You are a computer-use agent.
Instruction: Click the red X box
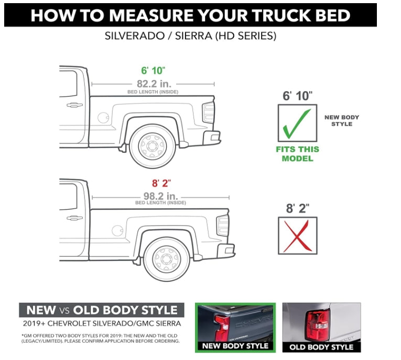pyautogui.click(x=297, y=236)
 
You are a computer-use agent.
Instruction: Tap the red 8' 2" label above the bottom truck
pyautogui.click(x=160, y=184)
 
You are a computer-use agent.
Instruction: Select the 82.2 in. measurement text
pyautogui.click(x=153, y=83)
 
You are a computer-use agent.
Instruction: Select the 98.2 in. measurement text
pyautogui.click(x=160, y=196)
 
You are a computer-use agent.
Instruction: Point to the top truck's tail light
pyautogui.click(x=209, y=112)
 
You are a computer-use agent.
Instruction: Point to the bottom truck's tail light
pyautogui.click(x=223, y=225)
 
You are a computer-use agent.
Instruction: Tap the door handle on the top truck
pyautogui.click(x=74, y=105)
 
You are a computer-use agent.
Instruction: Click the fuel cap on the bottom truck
pyautogui.click(x=117, y=230)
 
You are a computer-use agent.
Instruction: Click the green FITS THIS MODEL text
pyautogui.click(x=297, y=154)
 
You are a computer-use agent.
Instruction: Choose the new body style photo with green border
pyautogui.click(x=235, y=327)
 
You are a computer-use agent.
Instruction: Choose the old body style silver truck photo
pyautogui.click(x=321, y=327)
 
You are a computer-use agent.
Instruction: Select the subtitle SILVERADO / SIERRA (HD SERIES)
pyautogui.click(x=191, y=37)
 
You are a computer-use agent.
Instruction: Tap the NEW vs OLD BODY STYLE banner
pyautogui.click(x=102, y=310)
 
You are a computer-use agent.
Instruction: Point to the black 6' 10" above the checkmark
pyautogui.click(x=297, y=96)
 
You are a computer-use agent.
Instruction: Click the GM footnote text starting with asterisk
pyautogui.click(x=101, y=337)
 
